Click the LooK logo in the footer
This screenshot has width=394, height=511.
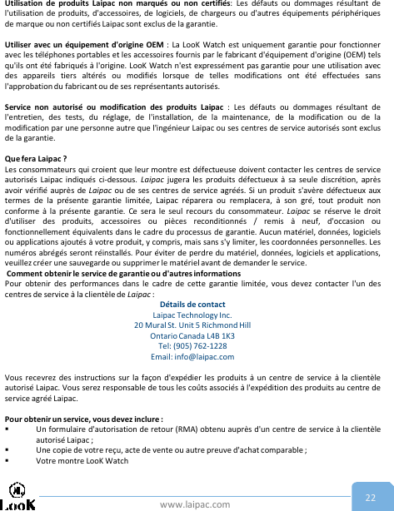click(18, 499)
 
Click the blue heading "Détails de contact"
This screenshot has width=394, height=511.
click(197, 304)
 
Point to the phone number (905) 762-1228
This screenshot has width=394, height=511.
click(197, 345)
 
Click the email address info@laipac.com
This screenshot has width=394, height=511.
click(197, 356)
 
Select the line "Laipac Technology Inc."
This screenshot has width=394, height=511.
click(197, 315)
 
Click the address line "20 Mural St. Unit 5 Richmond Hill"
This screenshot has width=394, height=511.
click(197, 325)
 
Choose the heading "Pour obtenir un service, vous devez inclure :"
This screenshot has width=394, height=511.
click(83, 419)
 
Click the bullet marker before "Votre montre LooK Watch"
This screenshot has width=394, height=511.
click(7, 460)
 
